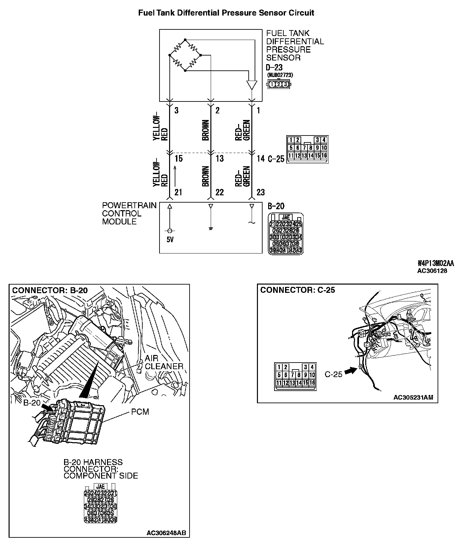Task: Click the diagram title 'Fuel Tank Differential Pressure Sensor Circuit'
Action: click(x=226, y=13)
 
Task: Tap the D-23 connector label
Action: click(x=274, y=67)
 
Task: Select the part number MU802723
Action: click(x=280, y=75)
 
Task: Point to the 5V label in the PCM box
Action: click(x=170, y=239)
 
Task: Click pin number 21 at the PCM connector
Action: click(x=178, y=192)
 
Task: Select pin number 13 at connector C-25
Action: click(x=220, y=159)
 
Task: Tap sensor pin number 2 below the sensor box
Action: click(x=217, y=110)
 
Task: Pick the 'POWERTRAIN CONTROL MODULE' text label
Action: click(x=129, y=214)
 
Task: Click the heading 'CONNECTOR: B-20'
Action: click(x=50, y=290)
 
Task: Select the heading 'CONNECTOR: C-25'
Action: click(x=298, y=290)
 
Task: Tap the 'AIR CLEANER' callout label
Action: click(x=164, y=363)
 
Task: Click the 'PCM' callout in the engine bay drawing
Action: click(x=140, y=412)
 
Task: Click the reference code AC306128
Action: click(x=432, y=271)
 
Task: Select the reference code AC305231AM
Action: click(x=413, y=397)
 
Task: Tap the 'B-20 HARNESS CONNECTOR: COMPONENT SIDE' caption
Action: click(x=101, y=469)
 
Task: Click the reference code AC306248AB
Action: click(x=166, y=533)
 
